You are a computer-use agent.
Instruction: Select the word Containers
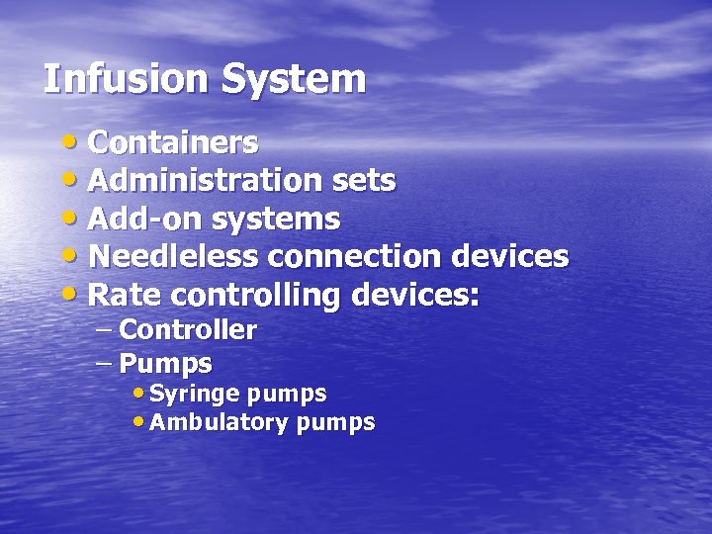click(173, 143)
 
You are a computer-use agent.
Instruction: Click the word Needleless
click(173, 257)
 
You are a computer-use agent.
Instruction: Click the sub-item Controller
click(188, 330)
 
